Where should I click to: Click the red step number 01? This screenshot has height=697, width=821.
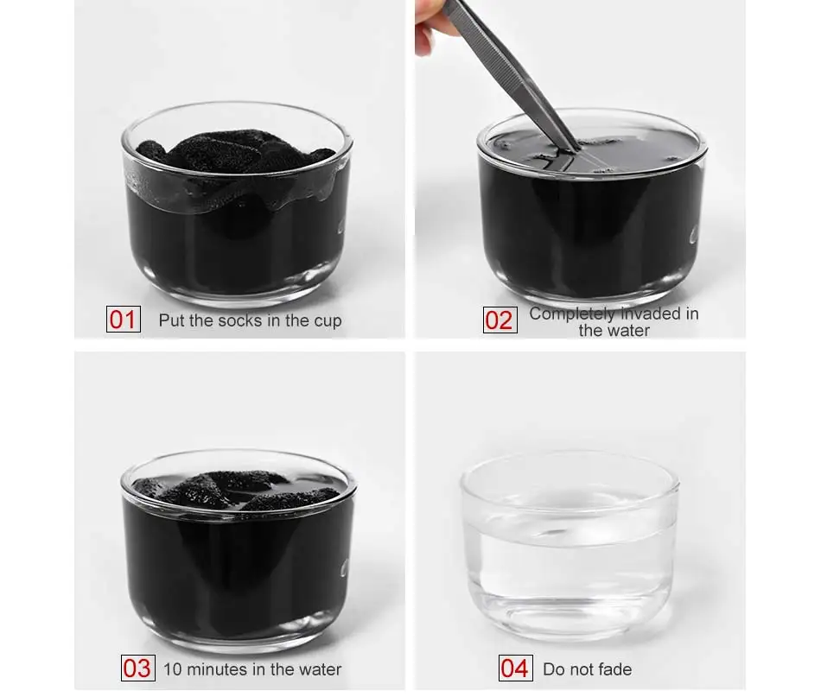point(123,320)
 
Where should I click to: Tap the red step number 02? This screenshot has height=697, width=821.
point(500,320)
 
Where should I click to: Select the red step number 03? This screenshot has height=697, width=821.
point(137,668)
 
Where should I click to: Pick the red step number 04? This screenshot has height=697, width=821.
point(515,668)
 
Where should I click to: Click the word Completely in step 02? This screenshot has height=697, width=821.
point(572,314)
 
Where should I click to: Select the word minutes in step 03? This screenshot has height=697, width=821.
point(213,669)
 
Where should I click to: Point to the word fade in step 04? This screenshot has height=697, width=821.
point(615,669)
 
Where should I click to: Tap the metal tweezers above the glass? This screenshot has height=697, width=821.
point(512,73)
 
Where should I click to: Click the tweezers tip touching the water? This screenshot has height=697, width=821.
point(576,149)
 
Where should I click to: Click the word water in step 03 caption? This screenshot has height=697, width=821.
point(319,669)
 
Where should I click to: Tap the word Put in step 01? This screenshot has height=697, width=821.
point(172,320)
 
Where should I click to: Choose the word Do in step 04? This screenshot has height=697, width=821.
point(554,669)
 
